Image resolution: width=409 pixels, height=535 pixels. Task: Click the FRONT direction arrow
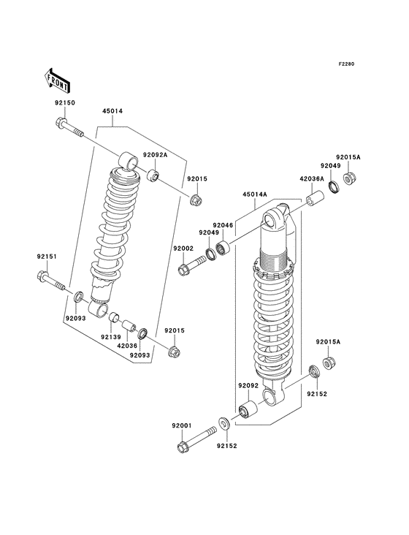pos(56,77)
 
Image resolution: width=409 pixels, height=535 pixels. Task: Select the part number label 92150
pos(64,103)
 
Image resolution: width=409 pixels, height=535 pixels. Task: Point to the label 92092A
pos(155,155)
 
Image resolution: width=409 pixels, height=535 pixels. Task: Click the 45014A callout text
pos(256,195)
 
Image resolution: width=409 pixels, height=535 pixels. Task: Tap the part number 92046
pos(223,225)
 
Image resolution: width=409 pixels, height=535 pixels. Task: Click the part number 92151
pos(48,257)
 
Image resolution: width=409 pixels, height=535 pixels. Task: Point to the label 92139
pos(111,338)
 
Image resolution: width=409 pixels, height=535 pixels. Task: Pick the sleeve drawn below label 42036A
pos(314,200)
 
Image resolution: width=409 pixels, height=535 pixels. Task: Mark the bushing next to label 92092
pos(248,410)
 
